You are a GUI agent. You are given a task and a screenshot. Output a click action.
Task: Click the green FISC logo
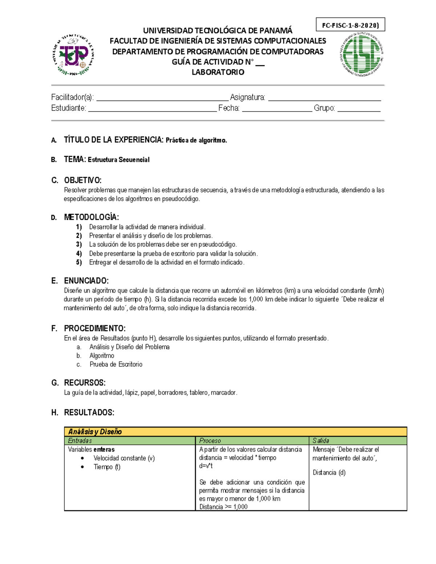(x=362, y=55)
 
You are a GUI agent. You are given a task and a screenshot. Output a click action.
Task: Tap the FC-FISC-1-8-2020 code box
(x=350, y=25)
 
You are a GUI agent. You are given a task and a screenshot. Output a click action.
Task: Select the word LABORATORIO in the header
(x=218, y=72)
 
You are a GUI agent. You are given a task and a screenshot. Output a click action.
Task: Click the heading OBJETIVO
(x=82, y=180)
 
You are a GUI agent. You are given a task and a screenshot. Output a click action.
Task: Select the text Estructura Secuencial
(x=118, y=160)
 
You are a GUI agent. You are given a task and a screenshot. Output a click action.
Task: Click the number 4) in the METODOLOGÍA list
(x=79, y=253)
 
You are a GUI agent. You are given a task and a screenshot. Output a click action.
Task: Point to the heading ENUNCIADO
(x=86, y=281)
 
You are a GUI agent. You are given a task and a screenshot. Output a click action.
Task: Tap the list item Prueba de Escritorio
(x=116, y=364)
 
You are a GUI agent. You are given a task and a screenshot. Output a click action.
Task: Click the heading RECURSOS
(x=85, y=383)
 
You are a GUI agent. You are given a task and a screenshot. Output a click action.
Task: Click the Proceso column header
(x=210, y=441)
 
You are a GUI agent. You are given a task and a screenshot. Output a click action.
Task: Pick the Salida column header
(x=321, y=441)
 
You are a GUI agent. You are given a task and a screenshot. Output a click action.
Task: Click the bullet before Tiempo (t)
(x=83, y=467)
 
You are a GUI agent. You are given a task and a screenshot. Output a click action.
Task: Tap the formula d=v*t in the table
(x=206, y=466)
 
